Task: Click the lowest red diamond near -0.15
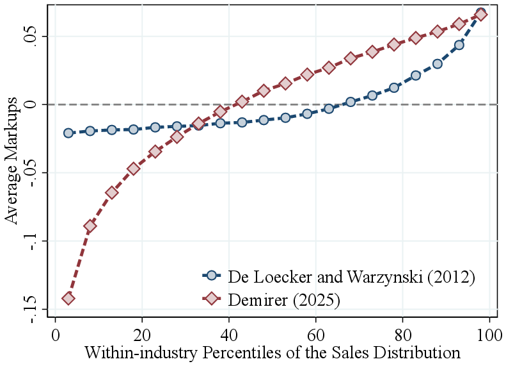pos(68,298)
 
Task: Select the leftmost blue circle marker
pos(68,133)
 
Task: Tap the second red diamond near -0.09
pos(90,226)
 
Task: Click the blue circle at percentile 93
pos(459,45)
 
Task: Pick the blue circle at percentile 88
pos(438,63)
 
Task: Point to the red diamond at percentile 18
pos(134,169)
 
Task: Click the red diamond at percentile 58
pos(307,74)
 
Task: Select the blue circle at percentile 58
pos(307,113)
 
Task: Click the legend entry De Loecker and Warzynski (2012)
pos(351,276)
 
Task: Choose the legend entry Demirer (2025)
pos(284,299)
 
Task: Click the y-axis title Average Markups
pos(12,173)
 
